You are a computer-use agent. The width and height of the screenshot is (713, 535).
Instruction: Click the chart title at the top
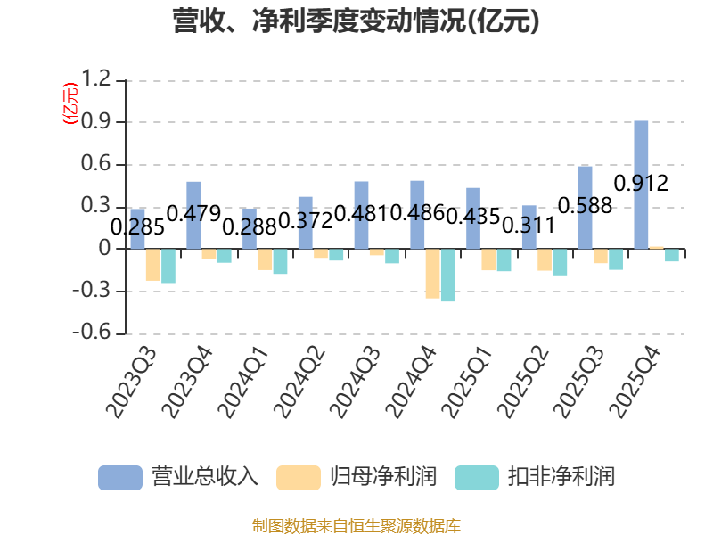(x=356, y=21)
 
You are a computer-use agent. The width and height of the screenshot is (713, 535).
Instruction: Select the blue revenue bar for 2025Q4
(x=641, y=185)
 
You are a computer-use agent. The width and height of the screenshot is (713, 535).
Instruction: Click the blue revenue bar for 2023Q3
(x=137, y=229)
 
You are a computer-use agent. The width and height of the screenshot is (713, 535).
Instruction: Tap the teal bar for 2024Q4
(x=448, y=275)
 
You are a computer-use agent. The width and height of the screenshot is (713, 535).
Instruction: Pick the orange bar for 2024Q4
(x=432, y=274)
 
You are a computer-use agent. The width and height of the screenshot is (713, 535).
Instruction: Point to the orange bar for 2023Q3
(x=152, y=265)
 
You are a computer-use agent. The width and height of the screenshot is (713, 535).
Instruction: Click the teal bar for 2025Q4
(x=672, y=255)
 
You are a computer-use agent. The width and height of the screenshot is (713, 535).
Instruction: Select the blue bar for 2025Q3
(x=585, y=208)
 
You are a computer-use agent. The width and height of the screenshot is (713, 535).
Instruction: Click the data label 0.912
(x=641, y=184)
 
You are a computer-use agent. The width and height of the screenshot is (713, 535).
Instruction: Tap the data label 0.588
(x=585, y=206)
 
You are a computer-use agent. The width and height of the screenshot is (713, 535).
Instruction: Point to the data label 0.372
(x=305, y=221)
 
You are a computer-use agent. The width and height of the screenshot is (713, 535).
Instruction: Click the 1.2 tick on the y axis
(x=96, y=78)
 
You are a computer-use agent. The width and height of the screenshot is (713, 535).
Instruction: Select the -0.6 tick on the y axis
(x=92, y=332)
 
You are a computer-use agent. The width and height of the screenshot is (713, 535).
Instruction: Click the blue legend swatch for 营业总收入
(x=120, y=478)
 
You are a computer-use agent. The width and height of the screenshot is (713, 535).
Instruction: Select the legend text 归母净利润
(x=383, y=477)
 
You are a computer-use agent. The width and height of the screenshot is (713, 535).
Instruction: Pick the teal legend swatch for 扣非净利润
(x=477, y=478)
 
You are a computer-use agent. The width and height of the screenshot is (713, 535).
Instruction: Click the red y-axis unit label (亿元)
(x=70, y=103)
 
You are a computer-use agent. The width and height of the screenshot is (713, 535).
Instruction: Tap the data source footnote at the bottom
(x=356, y=526)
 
